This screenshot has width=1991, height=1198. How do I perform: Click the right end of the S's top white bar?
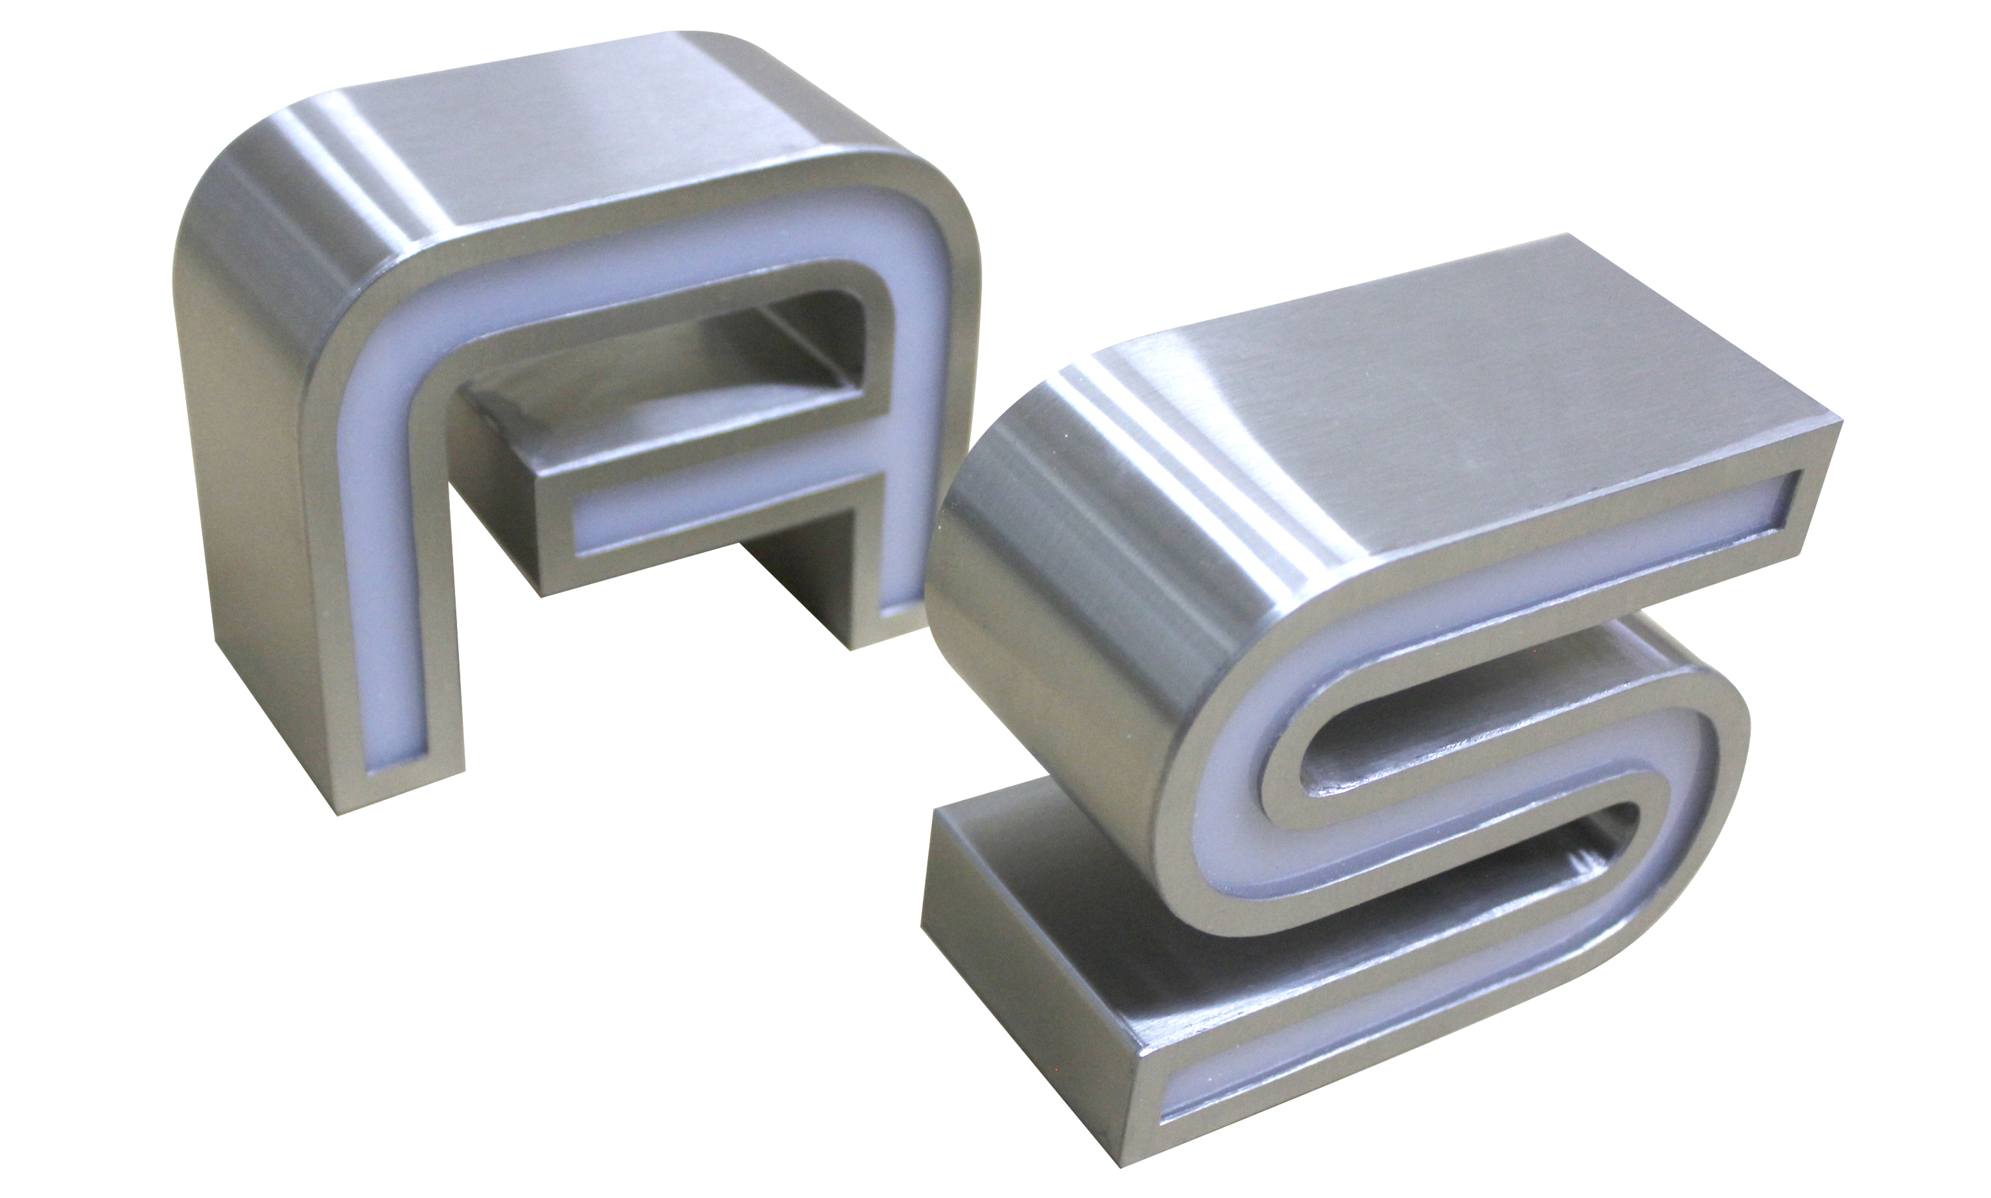(x=1777, y=504)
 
